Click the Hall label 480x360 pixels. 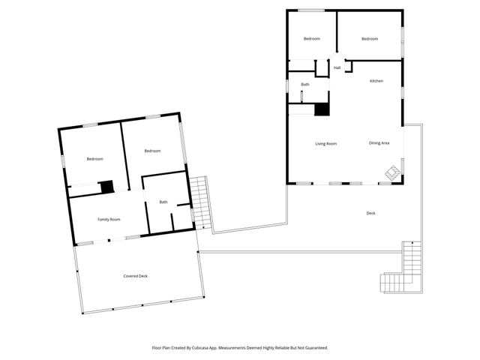337,68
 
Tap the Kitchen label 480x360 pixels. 376,80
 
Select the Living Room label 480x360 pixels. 325,143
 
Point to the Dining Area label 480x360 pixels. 379,143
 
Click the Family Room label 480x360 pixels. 109,219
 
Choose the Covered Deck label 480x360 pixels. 136,276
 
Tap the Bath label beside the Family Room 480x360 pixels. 163,202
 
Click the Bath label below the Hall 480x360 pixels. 305,85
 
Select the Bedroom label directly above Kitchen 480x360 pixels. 370,39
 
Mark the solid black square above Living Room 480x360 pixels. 322,109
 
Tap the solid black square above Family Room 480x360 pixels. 106,187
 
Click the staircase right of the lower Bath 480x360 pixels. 200,202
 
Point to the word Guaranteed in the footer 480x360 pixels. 313,348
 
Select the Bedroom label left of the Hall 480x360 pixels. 312,39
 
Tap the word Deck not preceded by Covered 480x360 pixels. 370,214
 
